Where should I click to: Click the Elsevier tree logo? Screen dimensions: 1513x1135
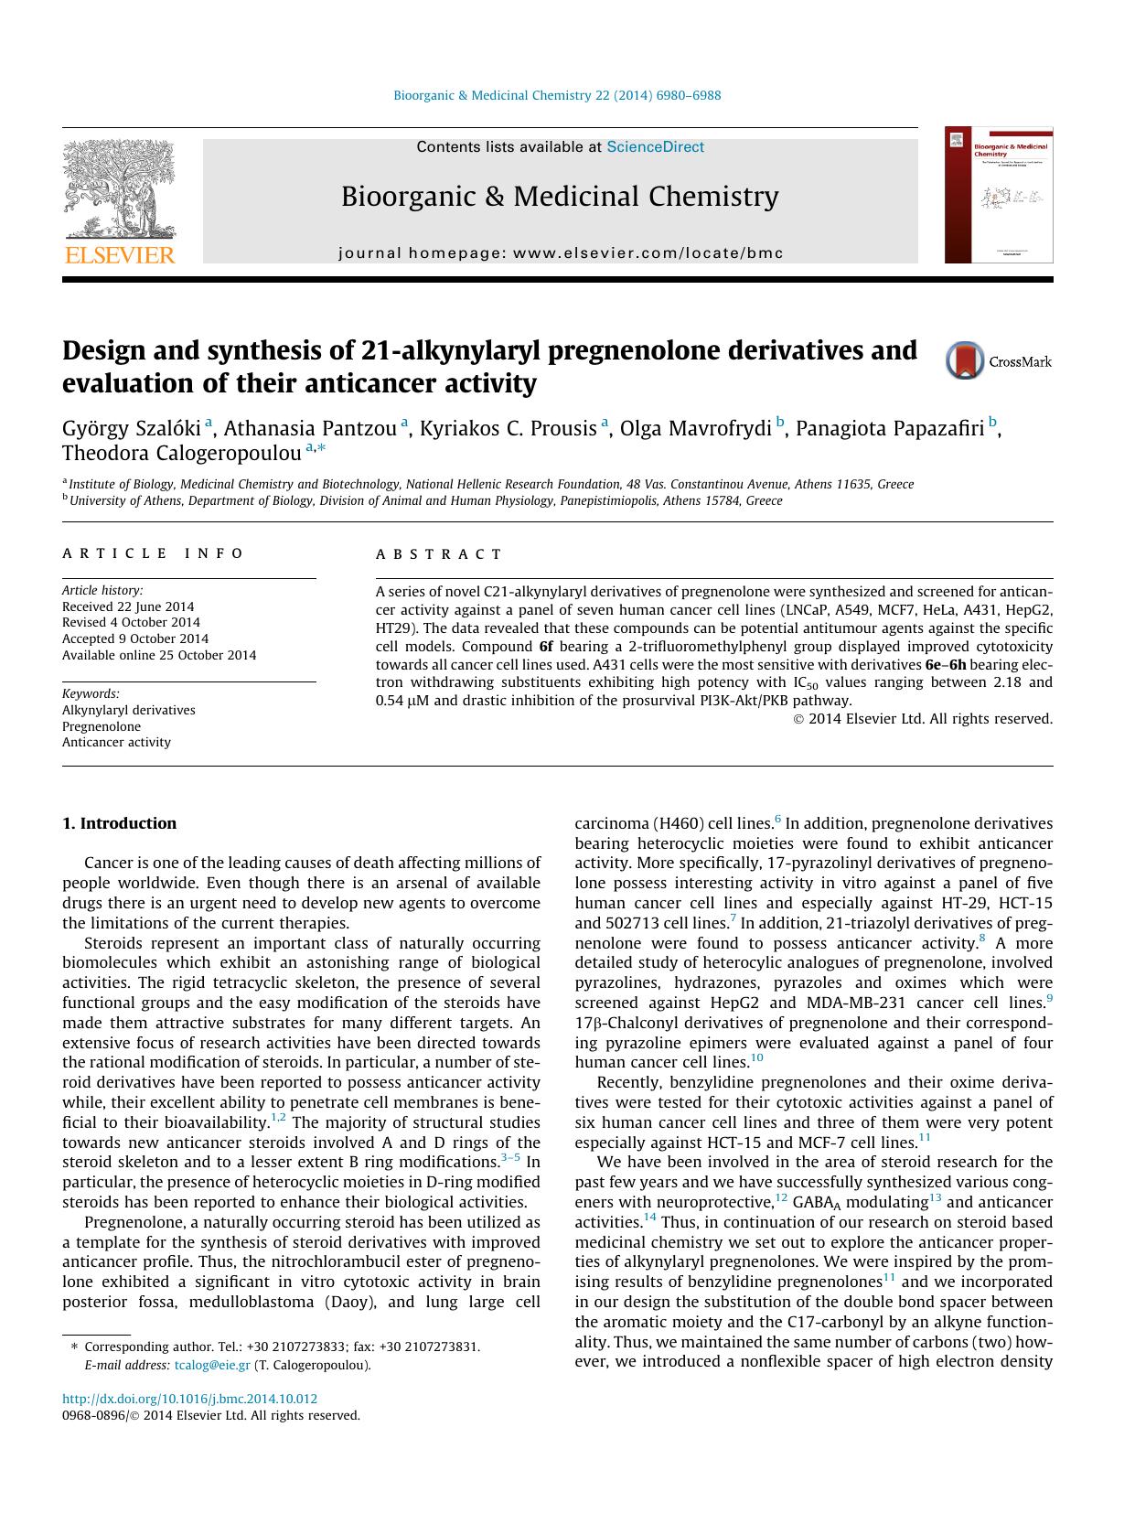click(118, 192)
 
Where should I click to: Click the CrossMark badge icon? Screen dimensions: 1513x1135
click(965, 360)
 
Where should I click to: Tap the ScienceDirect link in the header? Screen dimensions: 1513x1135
click(655, 146)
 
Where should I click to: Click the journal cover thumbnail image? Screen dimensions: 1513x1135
click(999, 195)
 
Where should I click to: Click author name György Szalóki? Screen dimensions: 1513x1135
click(132, 428)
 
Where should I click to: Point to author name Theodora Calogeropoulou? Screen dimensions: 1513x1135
click(181, 453)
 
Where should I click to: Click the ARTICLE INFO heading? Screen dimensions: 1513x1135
click(153, 553)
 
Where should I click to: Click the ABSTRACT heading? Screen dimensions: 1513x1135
click(439, 554)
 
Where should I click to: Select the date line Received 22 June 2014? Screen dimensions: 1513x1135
click(128, 606)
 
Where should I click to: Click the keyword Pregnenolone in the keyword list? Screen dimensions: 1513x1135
click(102, 726)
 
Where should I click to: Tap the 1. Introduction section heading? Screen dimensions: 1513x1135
click(119, 823)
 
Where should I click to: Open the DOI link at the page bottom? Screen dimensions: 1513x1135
click(189, 1399)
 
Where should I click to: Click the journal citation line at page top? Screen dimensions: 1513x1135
click(557, 95)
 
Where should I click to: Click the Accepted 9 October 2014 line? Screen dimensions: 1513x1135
click(135, 638)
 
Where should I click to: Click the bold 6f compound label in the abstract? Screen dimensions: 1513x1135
click(546, 647)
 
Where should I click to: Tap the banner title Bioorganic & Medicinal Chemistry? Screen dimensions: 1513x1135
click(560, 197)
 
